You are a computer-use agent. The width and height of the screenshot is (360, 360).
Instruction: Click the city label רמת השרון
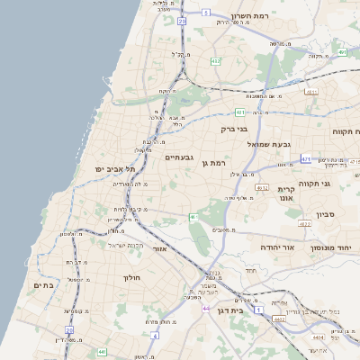251,16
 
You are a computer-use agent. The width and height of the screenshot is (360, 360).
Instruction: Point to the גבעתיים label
180,157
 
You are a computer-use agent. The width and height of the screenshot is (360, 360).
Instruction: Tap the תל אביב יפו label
112,169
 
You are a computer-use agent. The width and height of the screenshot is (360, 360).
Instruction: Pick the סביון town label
325,215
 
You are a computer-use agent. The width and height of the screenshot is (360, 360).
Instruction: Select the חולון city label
134,278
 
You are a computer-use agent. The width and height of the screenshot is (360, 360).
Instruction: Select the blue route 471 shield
306,159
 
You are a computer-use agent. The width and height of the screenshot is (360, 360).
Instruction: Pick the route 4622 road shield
304,223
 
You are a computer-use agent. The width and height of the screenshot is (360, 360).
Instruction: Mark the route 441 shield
103,352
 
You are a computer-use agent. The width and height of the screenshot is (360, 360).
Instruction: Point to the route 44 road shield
206,309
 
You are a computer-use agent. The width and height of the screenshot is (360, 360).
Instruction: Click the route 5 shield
205,13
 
